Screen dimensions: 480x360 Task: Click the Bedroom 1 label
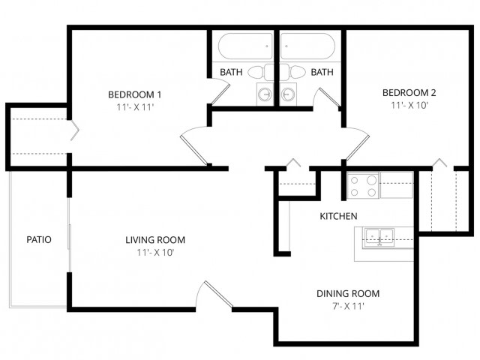click(135, 94)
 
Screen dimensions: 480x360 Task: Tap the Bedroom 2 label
click(409, 92)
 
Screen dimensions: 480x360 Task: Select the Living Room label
click(155, 240)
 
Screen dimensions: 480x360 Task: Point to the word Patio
click(39, 239)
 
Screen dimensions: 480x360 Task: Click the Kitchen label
click(338, 216)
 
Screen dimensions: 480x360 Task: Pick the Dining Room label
click(348, 293)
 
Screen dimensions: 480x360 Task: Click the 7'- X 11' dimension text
click(348, 306)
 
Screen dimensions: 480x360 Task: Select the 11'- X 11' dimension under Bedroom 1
click(135, 107)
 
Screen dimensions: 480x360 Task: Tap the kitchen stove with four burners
click(363, 185)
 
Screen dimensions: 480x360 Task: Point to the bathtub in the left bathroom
click(245, 46)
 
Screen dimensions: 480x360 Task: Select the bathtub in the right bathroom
click(307, 46)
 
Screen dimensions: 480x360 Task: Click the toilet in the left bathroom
click(260, 73)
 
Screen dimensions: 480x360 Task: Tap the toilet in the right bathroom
click(293, 73)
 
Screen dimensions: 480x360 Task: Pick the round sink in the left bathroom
click(265, 94)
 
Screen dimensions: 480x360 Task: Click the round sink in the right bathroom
click(288, 94)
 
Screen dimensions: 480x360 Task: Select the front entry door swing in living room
click(214, 295)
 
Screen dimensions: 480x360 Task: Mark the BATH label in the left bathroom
click(231, 72)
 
